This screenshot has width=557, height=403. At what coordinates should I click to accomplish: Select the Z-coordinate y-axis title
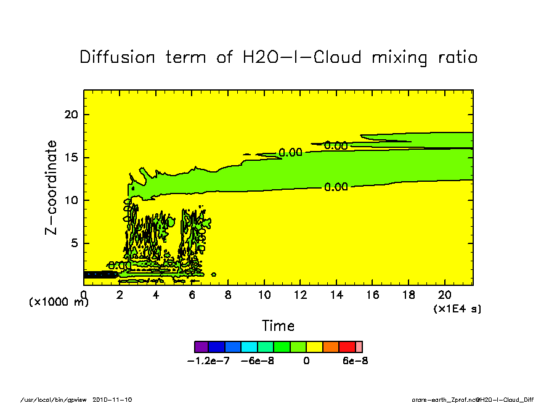point(52,187)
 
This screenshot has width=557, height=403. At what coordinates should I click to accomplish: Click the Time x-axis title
point(278,326)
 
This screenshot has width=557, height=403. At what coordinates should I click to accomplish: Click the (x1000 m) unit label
point(59,303)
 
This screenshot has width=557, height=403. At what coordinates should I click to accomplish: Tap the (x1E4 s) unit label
point(457,308)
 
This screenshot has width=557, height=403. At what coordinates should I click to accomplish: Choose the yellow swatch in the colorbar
point(314,346)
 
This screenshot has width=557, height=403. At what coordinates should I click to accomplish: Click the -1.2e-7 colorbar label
point(208,361)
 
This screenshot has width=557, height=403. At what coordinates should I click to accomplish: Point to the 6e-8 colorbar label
point(355,361)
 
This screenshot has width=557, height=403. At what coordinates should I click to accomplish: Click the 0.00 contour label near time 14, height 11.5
point(336,187)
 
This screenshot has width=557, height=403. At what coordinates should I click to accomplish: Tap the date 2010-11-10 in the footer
point(112,399)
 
